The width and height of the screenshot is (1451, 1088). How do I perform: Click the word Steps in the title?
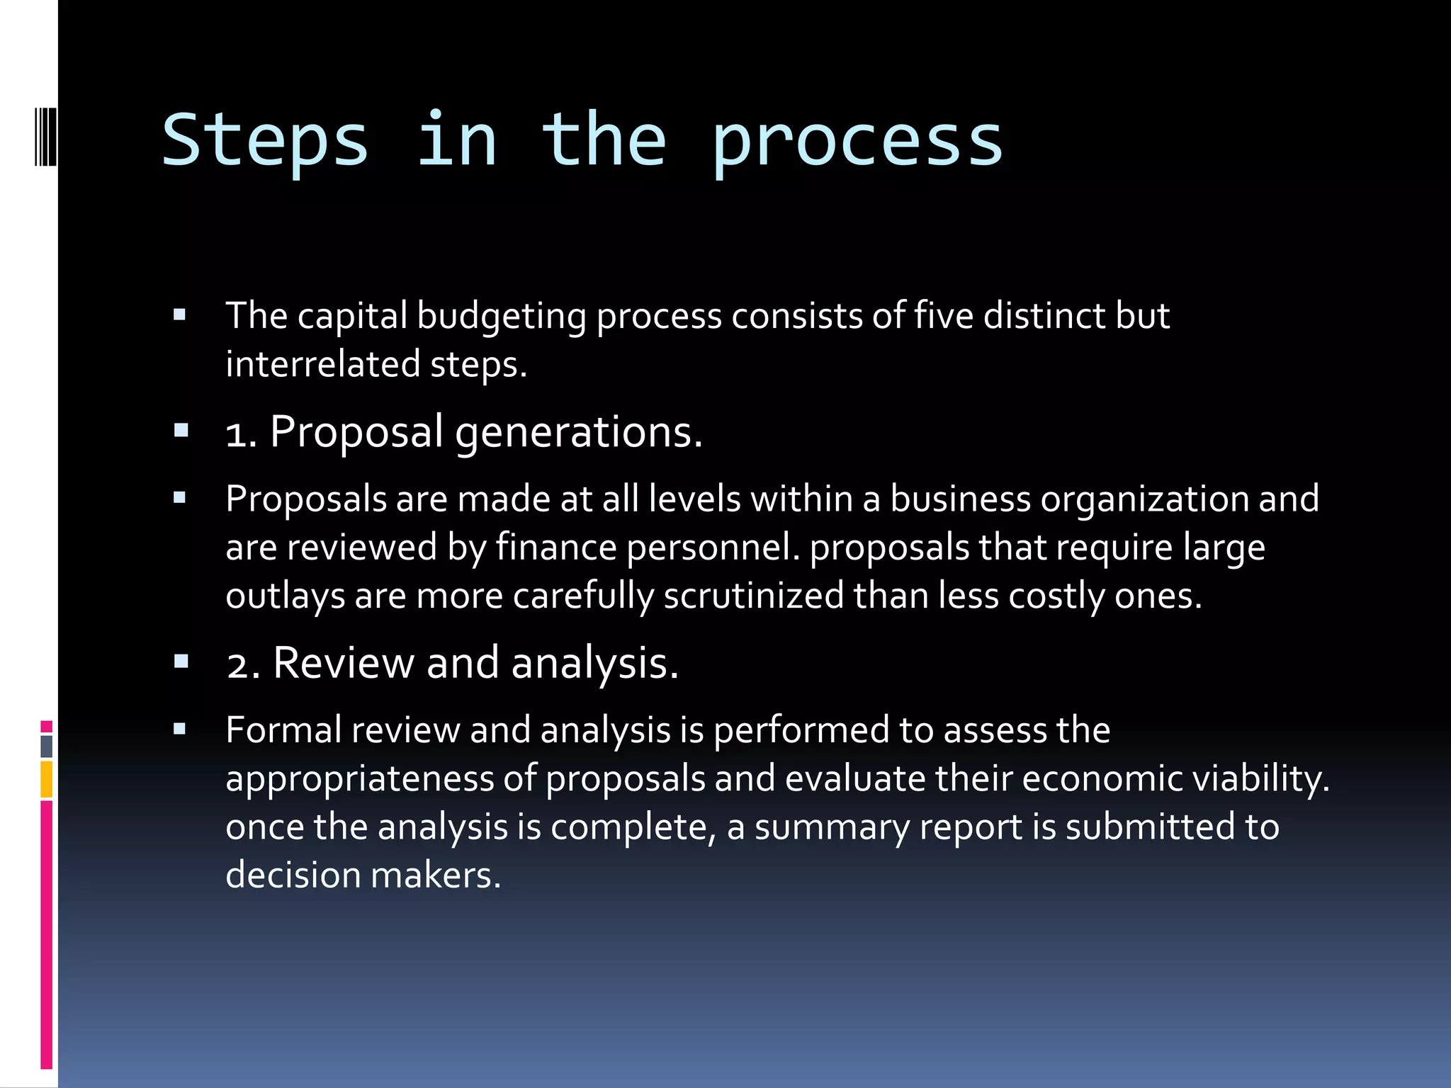[x=265, y=142]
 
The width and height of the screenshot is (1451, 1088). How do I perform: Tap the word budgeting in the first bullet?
[x=501, y=316]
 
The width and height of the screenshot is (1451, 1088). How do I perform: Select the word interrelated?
[x=322, y=364]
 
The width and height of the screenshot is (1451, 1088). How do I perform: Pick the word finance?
[x=556, y=548]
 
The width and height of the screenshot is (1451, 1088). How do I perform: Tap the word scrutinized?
[x=753, y=596]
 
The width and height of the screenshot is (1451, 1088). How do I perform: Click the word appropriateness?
[x=359, y=778]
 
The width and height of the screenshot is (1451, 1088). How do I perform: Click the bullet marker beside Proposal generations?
[x=181, y=430]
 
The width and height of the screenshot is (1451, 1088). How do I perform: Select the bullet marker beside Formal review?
[x=180, y=729]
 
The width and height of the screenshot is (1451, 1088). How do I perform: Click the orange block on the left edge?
[x=47, y=779]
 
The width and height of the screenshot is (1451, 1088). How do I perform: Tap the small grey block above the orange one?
[x=47, y=747]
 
